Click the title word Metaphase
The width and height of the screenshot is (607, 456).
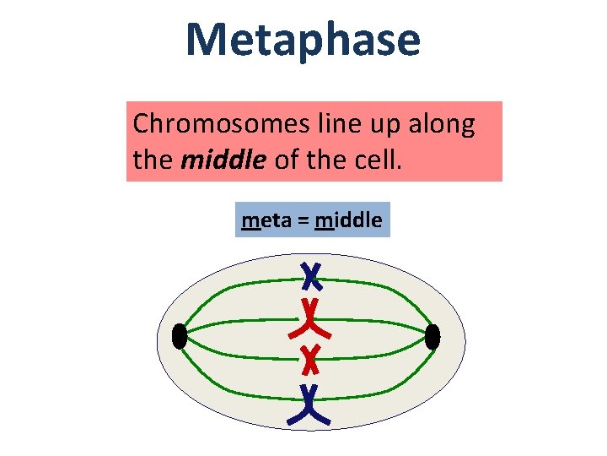coord(303,40)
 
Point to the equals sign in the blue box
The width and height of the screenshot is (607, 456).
coord(302,222)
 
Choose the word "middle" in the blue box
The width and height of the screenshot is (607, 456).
coord(348,221)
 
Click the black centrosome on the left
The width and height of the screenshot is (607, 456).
coord(179,337)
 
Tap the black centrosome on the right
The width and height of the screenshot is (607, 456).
coord(432,337)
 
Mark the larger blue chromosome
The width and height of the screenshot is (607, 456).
coord(310,404)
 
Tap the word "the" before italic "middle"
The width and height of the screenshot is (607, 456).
coord(153,158)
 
